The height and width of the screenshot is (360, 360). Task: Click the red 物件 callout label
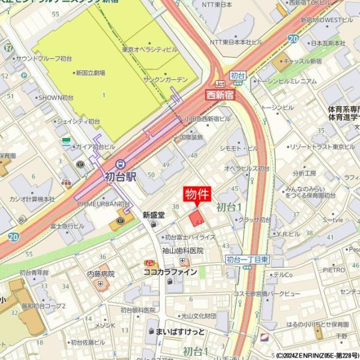click(x=196, y=195)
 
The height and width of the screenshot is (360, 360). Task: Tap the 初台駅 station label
click(x=121, y=177)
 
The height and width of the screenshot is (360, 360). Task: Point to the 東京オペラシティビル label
click(x=149, y=49)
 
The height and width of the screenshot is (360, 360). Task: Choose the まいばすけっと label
click(x=180, y=331)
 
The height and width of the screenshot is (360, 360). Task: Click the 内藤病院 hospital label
click(x=100, y=274)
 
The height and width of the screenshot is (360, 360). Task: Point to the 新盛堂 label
click(x=154, y=215)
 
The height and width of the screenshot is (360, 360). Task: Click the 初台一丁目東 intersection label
click(x=247, y=259)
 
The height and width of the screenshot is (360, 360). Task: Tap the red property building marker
click(x=196, y=218)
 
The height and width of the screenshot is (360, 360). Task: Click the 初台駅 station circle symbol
click(x=121, y=163)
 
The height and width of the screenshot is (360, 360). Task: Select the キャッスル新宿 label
click(x=304, y=61)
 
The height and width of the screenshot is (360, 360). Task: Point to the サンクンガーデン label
click(x=166, y=79)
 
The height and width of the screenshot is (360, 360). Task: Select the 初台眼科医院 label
click(x=137, y=310)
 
